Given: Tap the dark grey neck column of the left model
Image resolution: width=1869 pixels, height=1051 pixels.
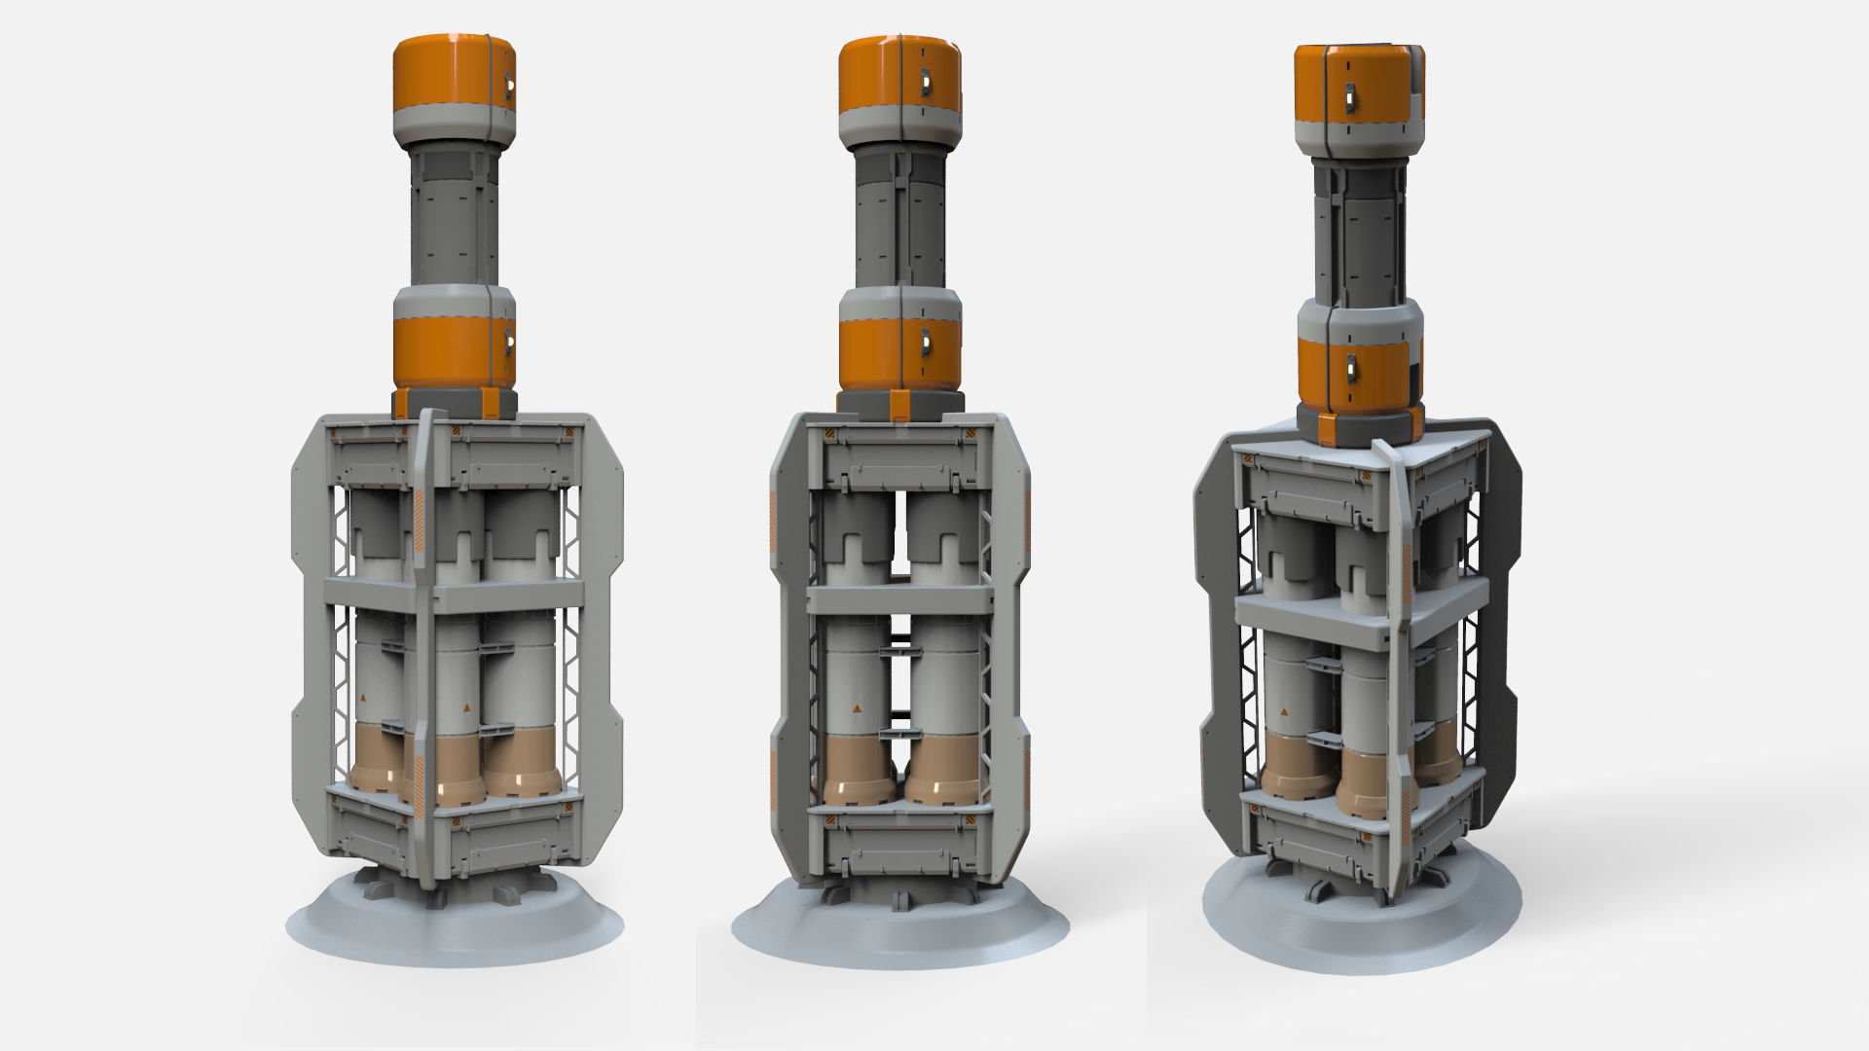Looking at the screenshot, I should [x=454, y=219].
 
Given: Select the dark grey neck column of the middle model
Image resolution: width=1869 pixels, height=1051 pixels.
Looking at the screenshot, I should [x=899, y=219].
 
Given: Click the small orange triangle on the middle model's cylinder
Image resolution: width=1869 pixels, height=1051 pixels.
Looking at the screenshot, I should [x=856, y=707].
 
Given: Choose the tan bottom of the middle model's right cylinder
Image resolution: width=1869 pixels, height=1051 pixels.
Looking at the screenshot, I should [x=942, y=769].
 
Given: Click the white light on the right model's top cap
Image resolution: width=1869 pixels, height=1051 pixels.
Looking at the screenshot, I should [x=1350, y=95].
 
